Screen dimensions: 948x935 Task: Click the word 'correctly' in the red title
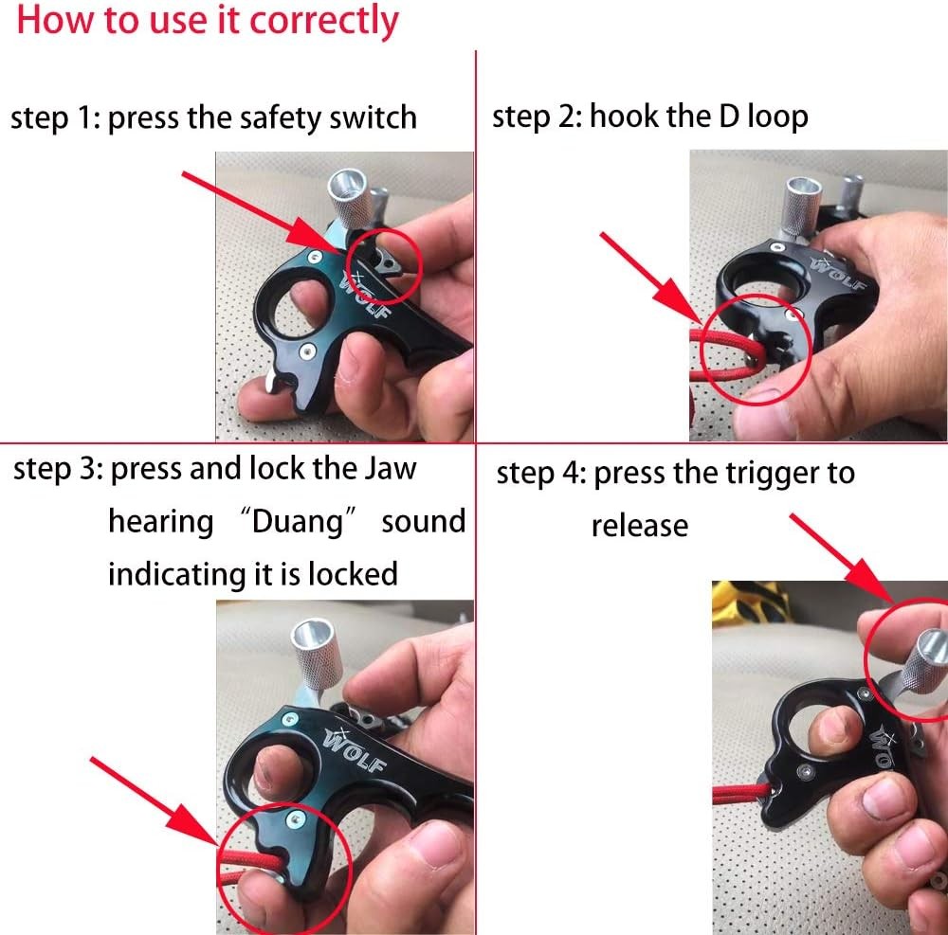coord(324,21)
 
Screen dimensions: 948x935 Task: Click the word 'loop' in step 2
coord(777,116)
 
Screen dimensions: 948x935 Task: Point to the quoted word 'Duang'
coord(297,521)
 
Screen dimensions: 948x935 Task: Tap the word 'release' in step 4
coord(640,526)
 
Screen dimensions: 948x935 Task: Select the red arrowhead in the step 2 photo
coord(681,302)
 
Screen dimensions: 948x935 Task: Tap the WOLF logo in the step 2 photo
coord(838,272)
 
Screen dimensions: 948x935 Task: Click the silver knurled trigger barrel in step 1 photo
coord(347,200)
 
